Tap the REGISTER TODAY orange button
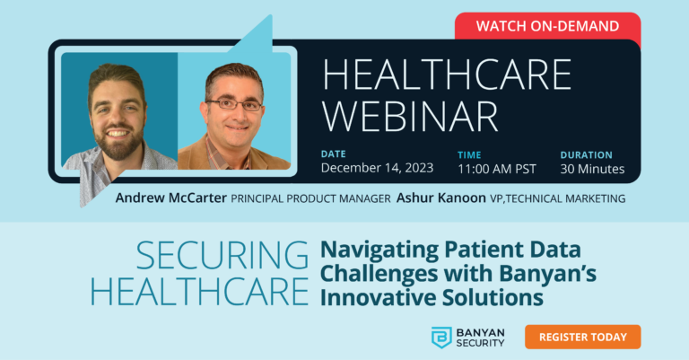click(582, 337)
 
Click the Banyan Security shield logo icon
click(441, 338)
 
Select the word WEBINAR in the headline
click(411, 116)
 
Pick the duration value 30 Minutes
click(592, 169)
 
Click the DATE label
click(333, 154)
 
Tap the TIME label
click(469, 154)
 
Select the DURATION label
click(586, 154)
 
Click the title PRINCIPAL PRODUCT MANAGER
click(306, 198)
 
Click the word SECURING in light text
click(222, 257)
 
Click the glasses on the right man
click(233, 104)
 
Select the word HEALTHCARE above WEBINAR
click(447, 74)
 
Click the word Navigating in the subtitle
click(373, 250)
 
